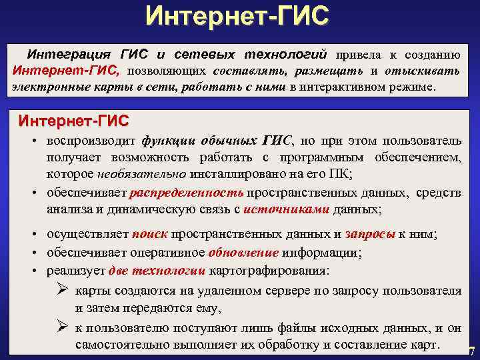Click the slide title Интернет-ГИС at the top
pos(238,16)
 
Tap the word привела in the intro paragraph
pos(361,53)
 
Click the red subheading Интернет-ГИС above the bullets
pos(74,121)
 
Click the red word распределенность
pos(187,193)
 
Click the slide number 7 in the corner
pos(472,351)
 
